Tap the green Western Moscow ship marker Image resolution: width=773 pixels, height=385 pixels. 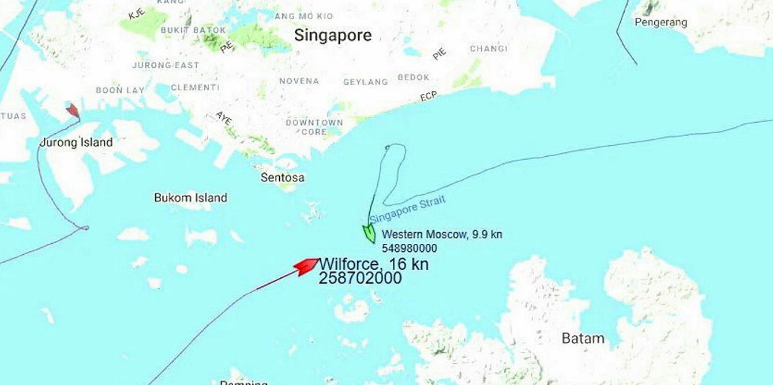368,233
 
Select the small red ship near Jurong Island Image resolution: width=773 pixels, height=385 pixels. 73,110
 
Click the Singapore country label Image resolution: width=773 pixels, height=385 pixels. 333,35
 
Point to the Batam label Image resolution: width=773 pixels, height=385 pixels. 583,338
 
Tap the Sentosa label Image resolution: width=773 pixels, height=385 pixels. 282,178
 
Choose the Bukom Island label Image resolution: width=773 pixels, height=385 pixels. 190,198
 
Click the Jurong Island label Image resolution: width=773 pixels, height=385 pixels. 76,142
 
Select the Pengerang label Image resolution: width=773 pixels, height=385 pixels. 661,22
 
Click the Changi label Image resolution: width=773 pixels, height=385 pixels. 489,48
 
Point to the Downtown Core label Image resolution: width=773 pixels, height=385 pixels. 314,127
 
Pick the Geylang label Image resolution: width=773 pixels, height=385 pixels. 365,82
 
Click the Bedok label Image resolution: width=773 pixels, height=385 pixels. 414,77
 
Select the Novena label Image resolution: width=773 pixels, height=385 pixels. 299,81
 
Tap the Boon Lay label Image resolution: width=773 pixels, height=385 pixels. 120,90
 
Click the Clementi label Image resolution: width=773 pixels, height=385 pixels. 195,88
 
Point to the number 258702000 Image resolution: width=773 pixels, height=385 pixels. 360,278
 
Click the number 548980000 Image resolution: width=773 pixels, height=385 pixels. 409,248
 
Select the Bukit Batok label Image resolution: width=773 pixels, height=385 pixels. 193,29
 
